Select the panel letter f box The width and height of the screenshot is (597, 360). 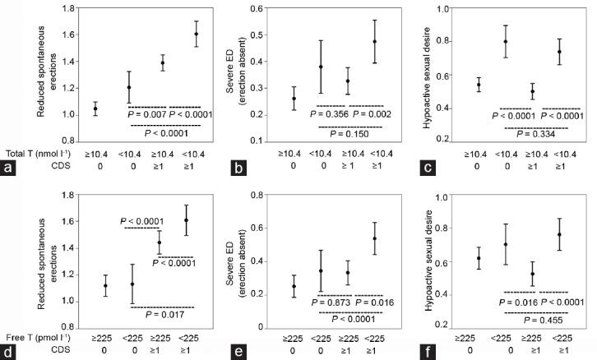click(x=409, y=350)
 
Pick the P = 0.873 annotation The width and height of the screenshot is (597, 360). click(x=329, y=303)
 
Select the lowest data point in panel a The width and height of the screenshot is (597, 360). click(x=95, y=108)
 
